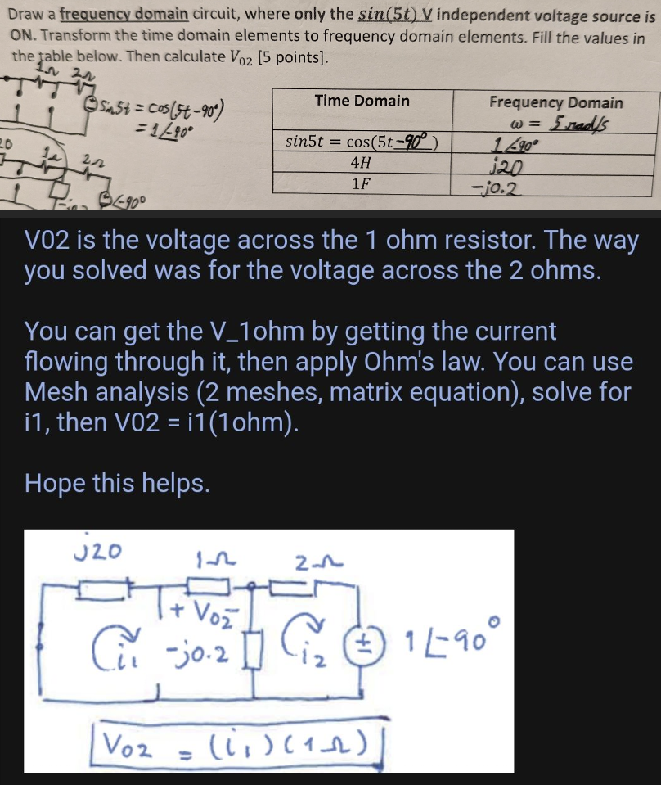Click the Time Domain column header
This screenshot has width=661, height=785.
362,101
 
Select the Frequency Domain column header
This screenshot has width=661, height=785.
555,102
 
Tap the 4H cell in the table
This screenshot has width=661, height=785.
361,162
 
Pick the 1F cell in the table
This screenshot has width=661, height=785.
361,184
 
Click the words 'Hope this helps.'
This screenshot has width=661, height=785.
117,483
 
